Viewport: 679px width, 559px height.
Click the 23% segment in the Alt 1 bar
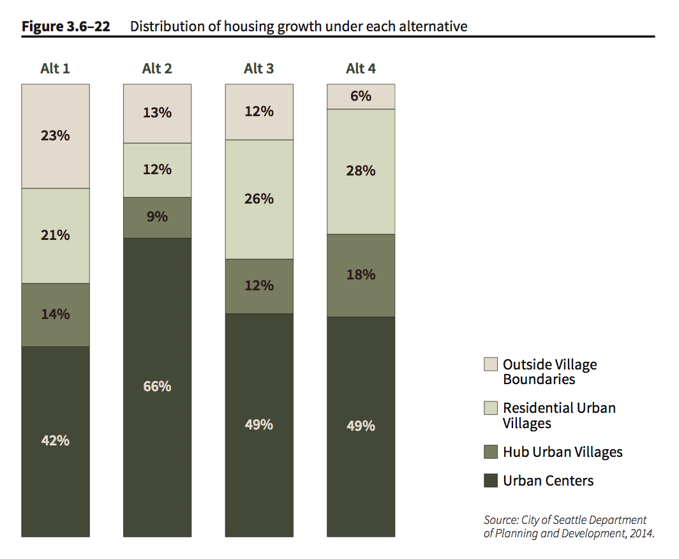pyautogui.click(x=56, y=136)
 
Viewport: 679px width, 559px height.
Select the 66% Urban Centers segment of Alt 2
pyautogui.click(x=157, y=387)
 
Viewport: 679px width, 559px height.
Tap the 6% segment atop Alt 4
pyautogui.click(x=361, y=96)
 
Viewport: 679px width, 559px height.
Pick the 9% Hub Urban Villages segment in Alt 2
pyautogui.click(x=157, y=217)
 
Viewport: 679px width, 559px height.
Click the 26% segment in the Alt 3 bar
pyautogui.click(x=259, y=199)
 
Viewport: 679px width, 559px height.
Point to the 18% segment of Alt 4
pyautogui.click(x=361, y=275)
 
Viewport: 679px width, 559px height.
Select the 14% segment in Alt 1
pyautogui.click(x=56, y=315)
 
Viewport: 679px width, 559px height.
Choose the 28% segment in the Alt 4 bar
pyautogui.click(x=361, y=171)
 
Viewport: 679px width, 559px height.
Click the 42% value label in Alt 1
pyautogui.click(x=56, y=440)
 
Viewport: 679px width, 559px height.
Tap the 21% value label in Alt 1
pyautogui.click(x=56, y=235)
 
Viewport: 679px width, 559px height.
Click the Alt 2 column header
pyautogui.click(x=157, y=68)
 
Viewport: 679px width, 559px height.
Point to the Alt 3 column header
pyautogui.click(x=259, y=68)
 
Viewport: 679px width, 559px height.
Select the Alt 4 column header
pyautogui.click(x=361, y=68)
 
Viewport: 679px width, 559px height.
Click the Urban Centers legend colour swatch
pyautogui.click(x=491, y=481)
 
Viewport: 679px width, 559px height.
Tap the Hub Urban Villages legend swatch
pyautogui.click(x=491, y=452)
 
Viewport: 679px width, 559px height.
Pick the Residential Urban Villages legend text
pyautogui.click(x=559, y=415)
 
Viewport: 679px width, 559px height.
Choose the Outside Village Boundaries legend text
pyautogui.click(x=549, y=371)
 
